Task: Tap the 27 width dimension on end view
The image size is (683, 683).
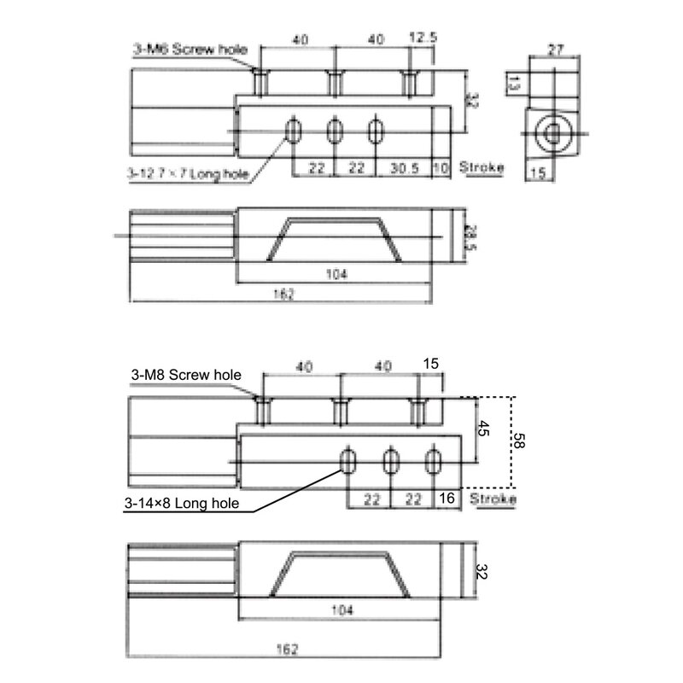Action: coord(555,51)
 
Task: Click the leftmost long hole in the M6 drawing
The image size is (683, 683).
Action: coord(294,130)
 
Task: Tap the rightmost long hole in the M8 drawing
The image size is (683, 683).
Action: coord(435,461)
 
